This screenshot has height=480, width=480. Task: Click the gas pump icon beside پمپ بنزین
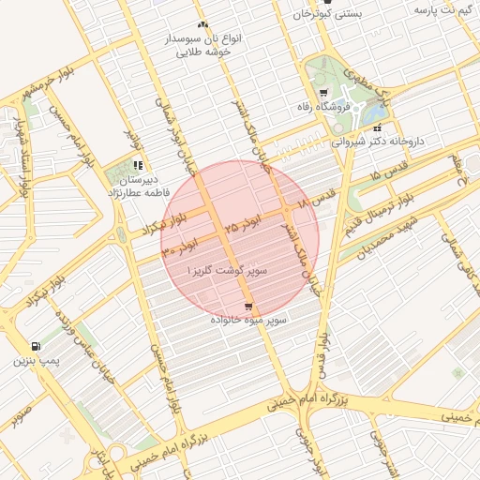[x=37, y=345]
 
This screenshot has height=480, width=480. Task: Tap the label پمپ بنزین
[x=37, y=360]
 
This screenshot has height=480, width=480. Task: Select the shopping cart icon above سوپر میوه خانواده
[x=247, y=307]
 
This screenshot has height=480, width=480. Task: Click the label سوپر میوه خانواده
[x=248, y=321]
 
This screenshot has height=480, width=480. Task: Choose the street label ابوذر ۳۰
[x=180, y=249]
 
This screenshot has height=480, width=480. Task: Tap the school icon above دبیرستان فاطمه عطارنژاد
[x=138, y=165]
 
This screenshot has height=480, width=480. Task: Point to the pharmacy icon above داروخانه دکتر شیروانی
[x=377, y=128]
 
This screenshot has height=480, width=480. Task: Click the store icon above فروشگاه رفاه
[x=323, y=93]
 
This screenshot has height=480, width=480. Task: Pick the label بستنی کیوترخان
[x=327, y=13]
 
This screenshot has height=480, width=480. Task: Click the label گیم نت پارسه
[x=440, y=8]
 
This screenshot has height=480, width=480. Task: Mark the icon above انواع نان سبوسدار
[x=202, y=25]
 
